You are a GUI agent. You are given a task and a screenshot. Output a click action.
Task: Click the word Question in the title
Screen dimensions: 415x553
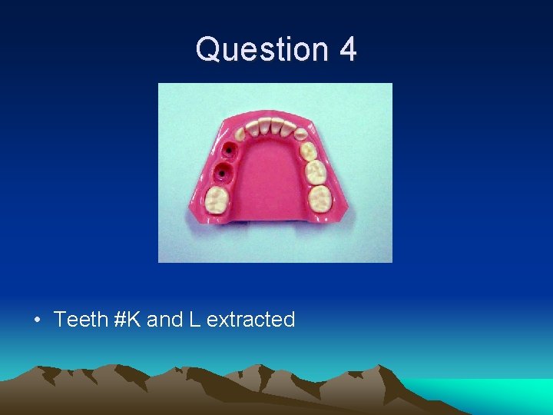pyautogui.click(x=261, y=49)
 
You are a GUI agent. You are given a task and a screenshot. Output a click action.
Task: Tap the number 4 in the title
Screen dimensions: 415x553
pyautogui.click(x=347, y=49)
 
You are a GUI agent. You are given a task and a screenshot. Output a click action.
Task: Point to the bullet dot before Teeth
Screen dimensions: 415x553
pyautogui.click(x=38, y=320)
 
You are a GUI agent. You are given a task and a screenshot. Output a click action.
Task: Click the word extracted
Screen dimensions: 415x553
pyautogui.click(x=250, y=320)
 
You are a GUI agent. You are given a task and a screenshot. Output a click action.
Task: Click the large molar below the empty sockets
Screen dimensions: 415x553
pyautogui.click(x=220, y=201)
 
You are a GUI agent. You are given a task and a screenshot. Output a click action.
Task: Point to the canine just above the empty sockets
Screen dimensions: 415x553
pyautogui.click(x=240, y=134)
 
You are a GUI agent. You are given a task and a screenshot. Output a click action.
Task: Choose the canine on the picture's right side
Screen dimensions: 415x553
pyautogui.click(x=301, y=134)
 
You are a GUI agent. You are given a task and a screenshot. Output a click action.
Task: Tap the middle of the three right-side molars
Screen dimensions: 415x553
pyautogui.click(x=315, y=171)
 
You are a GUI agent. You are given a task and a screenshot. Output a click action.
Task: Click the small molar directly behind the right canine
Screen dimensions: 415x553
pyautogui.click(x=308, y=150)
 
